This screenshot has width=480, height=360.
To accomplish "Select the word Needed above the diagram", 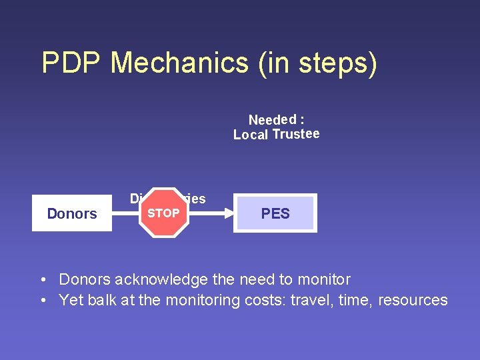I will tap(272, 120).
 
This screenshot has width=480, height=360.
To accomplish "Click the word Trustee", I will tap(296, 134).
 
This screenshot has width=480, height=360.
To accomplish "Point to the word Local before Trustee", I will tap(251, 135).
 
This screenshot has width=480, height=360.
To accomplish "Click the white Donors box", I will tap(72, 213).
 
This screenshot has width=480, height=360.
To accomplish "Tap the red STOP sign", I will tap(163, 213).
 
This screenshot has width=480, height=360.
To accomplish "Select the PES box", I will tap(275, 213).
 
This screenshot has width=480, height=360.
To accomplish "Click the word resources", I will tap(413, 301).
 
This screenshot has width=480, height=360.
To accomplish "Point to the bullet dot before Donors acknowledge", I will tap(43, 280).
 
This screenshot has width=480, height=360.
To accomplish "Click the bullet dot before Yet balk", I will tap(43, 301).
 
